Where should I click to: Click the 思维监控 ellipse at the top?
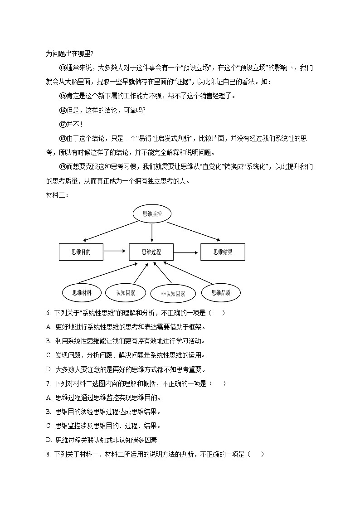(152, 213)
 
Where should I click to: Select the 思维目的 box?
(81, 252)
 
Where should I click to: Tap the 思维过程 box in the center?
(151, 252)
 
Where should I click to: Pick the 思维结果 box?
(223, 252)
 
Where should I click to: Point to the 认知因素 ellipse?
(126, 293)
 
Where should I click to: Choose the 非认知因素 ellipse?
(173, 294)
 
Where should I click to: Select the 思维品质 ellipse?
(221, 293)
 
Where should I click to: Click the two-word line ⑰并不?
(71, 124)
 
